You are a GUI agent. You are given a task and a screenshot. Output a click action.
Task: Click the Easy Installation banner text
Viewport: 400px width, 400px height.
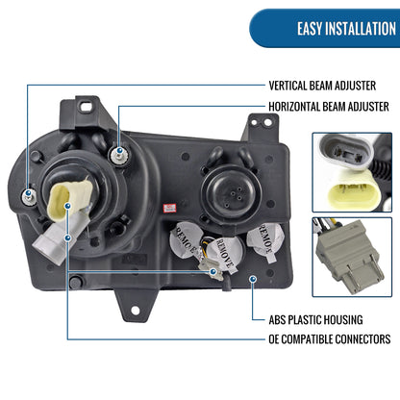tap(346, 29)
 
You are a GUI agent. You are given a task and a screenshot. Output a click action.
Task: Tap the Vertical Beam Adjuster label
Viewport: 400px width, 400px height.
tap(322, 86)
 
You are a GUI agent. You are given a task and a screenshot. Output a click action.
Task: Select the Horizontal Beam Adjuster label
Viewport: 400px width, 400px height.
tap(329, 107)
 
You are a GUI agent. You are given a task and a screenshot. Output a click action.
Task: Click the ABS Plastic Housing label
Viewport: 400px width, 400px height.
tap(315, 320)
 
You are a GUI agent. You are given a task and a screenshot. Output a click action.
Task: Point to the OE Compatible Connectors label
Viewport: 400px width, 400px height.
tap(330, 339)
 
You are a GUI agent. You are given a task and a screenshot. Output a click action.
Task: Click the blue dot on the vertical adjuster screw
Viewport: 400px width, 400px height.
tap(29, 192)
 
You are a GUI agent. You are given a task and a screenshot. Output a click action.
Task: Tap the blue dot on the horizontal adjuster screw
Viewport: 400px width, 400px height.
tap(119, 150)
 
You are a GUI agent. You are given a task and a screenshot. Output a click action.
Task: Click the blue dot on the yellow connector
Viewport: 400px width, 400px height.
tap(67, 206)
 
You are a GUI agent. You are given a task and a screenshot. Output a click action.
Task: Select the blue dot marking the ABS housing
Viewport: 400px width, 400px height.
tap(254, 279)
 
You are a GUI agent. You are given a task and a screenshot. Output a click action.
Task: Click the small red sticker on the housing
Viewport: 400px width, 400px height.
tap(169, 208)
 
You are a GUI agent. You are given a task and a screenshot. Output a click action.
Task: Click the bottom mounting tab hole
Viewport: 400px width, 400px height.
tap(136, 310)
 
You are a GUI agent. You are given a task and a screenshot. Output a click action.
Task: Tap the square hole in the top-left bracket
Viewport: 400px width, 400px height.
tap(87, 106)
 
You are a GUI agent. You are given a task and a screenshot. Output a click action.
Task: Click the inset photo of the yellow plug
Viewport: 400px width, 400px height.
tap(352, 172)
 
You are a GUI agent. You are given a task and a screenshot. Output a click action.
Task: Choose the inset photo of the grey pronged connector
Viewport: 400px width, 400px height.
tap(352, 257)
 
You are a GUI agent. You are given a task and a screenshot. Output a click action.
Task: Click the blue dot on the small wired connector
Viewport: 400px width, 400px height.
tap(212, 271)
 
